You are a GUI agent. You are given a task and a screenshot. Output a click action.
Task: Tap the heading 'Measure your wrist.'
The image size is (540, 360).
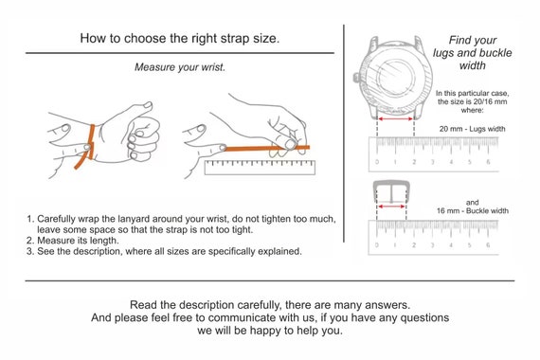[x=180, y=67]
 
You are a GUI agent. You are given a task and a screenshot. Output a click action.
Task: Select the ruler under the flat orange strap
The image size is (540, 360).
[x=258, y=167]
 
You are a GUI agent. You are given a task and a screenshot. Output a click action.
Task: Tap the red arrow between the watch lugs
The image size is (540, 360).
[x=396, y=119]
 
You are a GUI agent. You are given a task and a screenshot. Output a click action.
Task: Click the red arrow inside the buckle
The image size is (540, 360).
[x=394, y=205]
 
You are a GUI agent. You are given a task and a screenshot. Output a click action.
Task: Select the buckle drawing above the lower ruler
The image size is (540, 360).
[x=394, y=198]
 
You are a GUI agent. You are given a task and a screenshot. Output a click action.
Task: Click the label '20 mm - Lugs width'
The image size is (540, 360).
[x=471, y=127]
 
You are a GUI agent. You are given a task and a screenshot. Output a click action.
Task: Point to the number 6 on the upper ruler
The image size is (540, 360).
[x=487, y=162]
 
